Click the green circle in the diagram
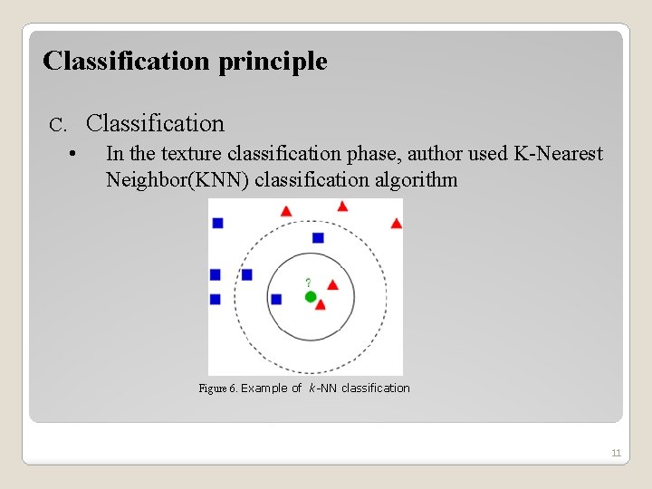[x=311, y=297]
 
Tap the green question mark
[x=308, y=283]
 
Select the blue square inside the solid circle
[x=276, y=299]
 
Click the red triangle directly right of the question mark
[x=332, y=284]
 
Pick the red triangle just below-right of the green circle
[x=321, y=305]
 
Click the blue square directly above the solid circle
[x=318, y=238]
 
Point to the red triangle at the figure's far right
[x=396, y=223]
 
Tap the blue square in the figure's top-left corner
[x=217, y=223]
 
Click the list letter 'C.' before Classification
[x=58, y=124]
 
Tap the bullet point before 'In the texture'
[x=72, y=154]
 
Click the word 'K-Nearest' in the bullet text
[x=557, y=154]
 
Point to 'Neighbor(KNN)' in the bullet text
[x=177, y=179]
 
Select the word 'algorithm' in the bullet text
[x=415, y=179]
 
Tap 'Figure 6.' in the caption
[x=217, y=388]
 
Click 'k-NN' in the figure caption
[x=323, y=388]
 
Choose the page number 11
[x=616, y=453]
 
